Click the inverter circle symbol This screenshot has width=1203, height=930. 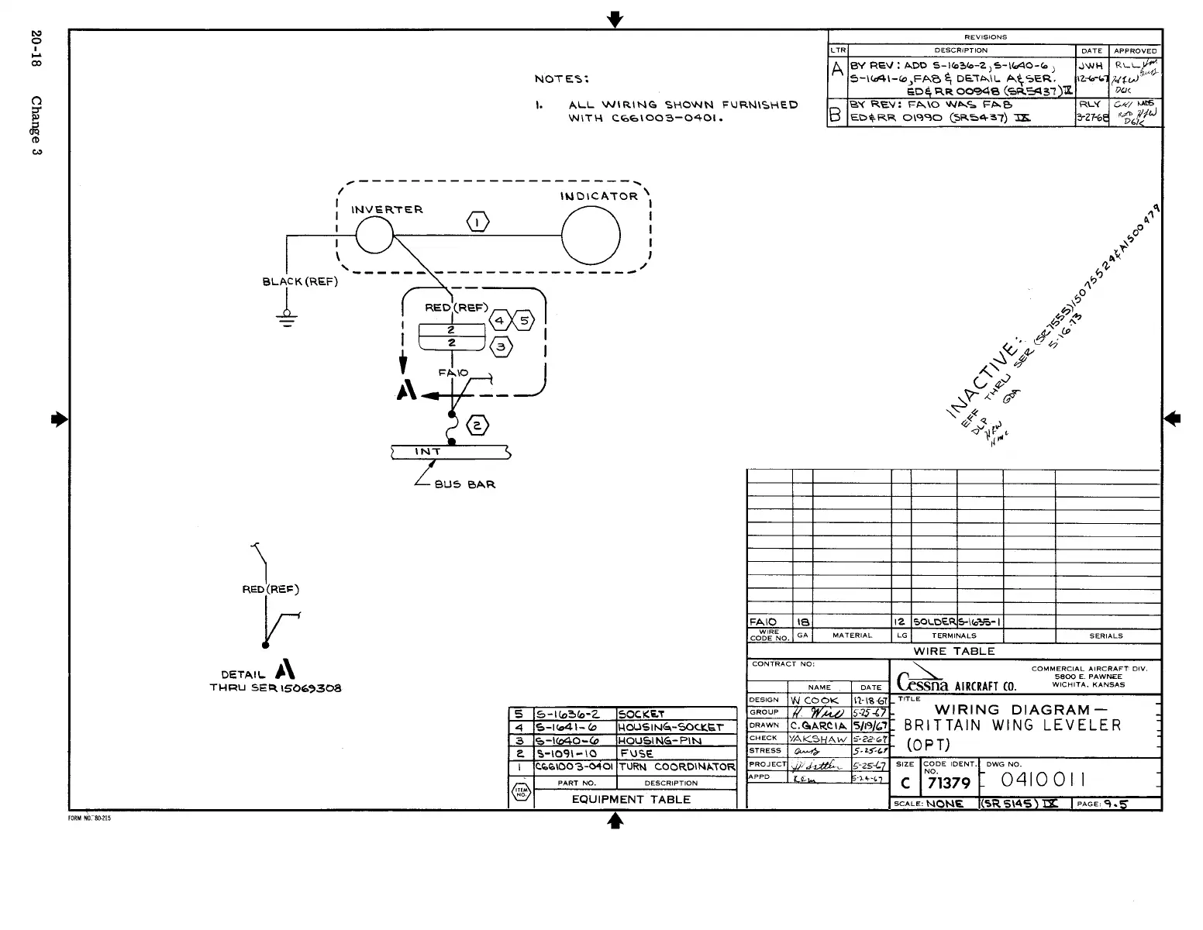tap(374, 233)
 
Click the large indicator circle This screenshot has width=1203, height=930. tap(591, 236)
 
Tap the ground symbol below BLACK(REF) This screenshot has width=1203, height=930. tap(288, 319)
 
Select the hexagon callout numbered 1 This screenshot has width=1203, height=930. tap(477, 222)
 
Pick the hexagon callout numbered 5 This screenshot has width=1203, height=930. tap(525, 321)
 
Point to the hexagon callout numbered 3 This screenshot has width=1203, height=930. tap(501, 346)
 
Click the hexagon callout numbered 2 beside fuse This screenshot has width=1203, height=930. tap(477, 425)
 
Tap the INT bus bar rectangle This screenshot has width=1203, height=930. tap(450, 452)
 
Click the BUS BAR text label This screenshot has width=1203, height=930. tap(464, 484)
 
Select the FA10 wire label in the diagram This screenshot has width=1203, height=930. tap(453, 373)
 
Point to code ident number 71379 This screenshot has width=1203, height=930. tap(949, 784)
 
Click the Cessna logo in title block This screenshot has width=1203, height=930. tap(922, 681)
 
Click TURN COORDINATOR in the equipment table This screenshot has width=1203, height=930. tap(677, 766)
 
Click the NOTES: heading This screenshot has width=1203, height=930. tap(562, 78)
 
